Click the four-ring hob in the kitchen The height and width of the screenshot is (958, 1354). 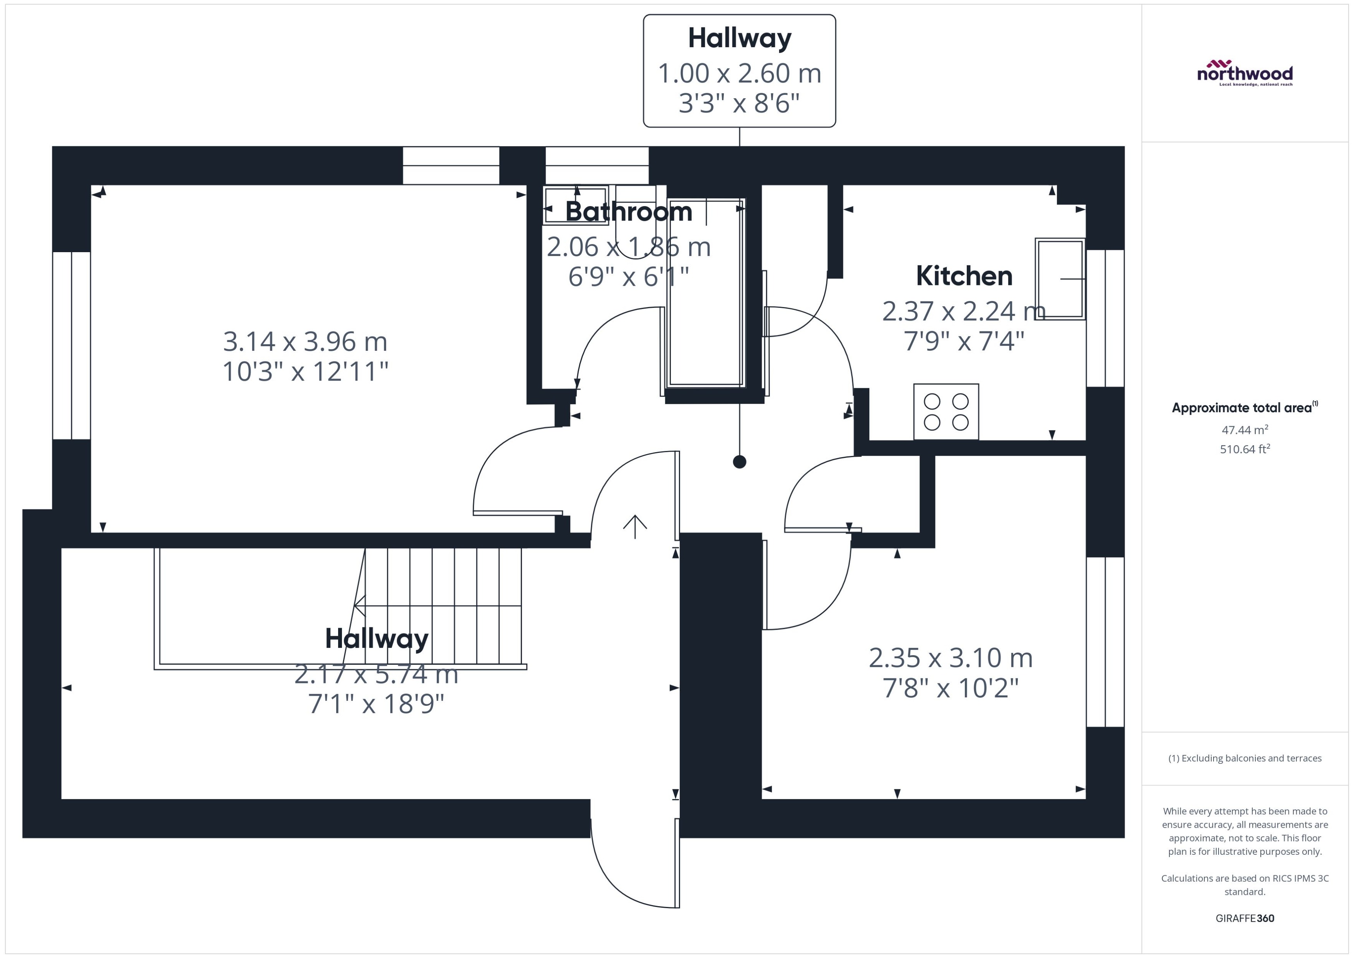946,411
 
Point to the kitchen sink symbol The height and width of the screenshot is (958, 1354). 1060,279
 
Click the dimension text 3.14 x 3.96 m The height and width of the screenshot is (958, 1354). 305,342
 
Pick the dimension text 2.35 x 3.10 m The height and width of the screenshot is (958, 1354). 951,658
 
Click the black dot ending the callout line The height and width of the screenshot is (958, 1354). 739,462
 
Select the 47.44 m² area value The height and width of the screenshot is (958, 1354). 1244,430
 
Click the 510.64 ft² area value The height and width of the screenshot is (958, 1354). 1244,449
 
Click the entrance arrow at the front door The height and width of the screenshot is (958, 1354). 635,526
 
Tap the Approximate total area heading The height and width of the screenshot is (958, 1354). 1244,408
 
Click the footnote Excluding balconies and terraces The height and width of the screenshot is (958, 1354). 1244,758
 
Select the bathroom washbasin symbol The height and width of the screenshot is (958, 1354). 575,205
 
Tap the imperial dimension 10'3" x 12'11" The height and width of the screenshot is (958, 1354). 305,372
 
